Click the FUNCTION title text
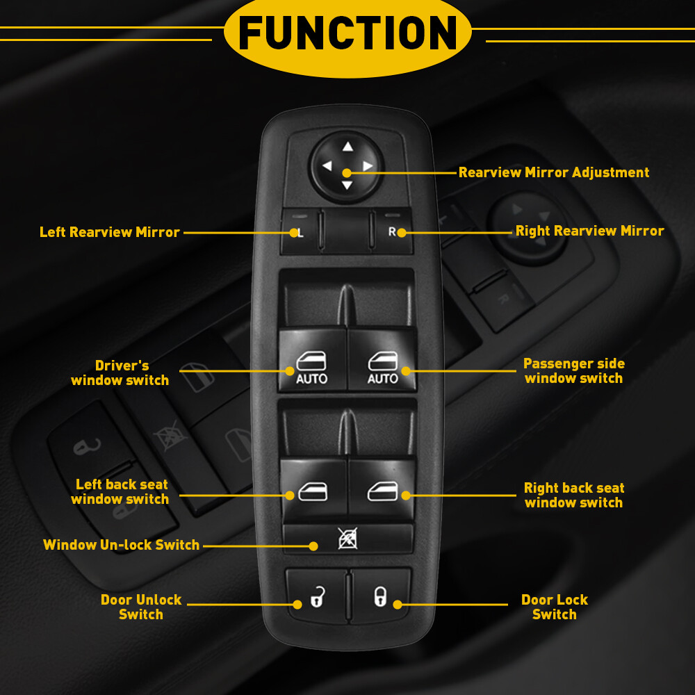347,33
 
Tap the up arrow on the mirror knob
347,147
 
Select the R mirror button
393,232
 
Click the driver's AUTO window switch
312,367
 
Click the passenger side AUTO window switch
382,367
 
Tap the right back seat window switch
382,491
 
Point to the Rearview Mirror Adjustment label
554,172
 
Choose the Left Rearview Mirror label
110,232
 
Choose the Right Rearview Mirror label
589,231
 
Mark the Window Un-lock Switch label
122,545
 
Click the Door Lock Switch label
555,607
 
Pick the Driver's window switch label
120,373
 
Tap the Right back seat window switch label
574,495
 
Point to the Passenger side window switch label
574,370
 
